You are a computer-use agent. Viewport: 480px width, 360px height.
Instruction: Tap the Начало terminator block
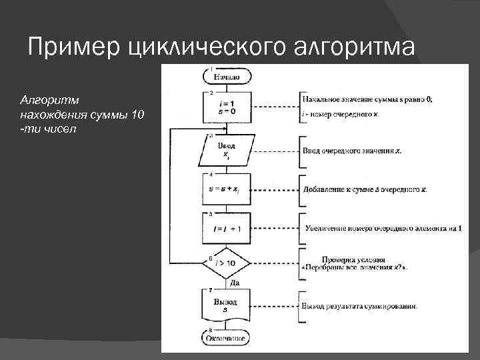click(x=227, y=77)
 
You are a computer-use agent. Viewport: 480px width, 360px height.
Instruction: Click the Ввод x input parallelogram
click(x=226, y=150)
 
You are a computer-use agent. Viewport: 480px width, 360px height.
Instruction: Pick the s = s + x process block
click(x=226, y=189)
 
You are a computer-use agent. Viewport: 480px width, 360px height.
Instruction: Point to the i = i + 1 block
click(x=226, y=228)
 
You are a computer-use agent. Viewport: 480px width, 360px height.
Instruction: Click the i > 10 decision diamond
click(x=226, y=263)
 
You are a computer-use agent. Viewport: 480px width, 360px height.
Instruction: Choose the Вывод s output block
click(x=226, y=307)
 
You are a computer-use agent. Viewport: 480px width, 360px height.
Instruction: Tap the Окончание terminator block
click(x=226, y=339)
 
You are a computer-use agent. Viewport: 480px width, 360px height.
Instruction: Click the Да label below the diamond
click(x=234, y=283)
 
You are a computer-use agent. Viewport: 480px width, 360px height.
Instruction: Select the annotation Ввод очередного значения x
click(x=352, y=151)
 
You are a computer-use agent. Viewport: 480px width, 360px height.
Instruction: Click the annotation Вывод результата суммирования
click(x=360, y=307)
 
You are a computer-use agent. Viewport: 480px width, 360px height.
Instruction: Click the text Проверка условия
click(x=353, y=259)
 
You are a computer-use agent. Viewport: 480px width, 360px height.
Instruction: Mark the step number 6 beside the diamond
click(x=211, y=256)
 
